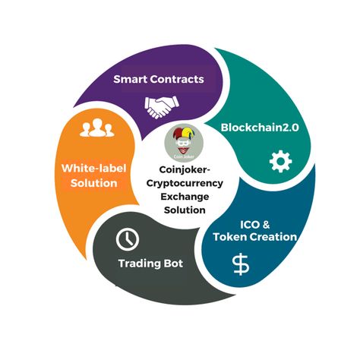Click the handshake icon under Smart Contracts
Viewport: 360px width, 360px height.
pyautogui.click(x=162, y=107)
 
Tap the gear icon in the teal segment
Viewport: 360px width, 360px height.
pyautogui.click(x=280, y=161)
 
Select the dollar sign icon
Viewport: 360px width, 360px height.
pyautogui.click(x=241, y=264)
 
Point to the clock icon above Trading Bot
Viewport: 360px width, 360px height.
pyautogui.click(x=128, y=239)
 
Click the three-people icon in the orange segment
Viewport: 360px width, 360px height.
pyautogui.click(x=97, y=128)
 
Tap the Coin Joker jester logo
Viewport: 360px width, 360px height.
pyautogui.click(x=184, y=144)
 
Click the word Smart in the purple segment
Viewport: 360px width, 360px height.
pyautogui.click(x=130, y=79)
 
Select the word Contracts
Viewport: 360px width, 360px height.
pyautogui.click(x=177, y=79)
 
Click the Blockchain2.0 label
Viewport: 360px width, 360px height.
pyautogui.click(x=260, y=128)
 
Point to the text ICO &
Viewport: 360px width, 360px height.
pyautogui.click(x=254, y=225)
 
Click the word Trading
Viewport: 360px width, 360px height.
pyautogui.click(x=139, y=264)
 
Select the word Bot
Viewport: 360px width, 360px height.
pyautogui.click(x=173, y=264)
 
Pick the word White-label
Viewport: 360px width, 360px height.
pyautogui.click(x=94, y=169)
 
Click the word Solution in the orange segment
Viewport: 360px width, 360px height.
pyautogui.click(x=94, y=183)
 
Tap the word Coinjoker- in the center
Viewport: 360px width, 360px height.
pyautogui.click(x=185, y=170)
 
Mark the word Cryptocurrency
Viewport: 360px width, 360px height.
pyautogui.click(x=185, y=184)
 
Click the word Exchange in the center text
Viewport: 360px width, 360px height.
pyautogui.click(x=185, y=197)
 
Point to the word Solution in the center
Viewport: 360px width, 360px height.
pyautogui.click(x=185, y=210)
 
